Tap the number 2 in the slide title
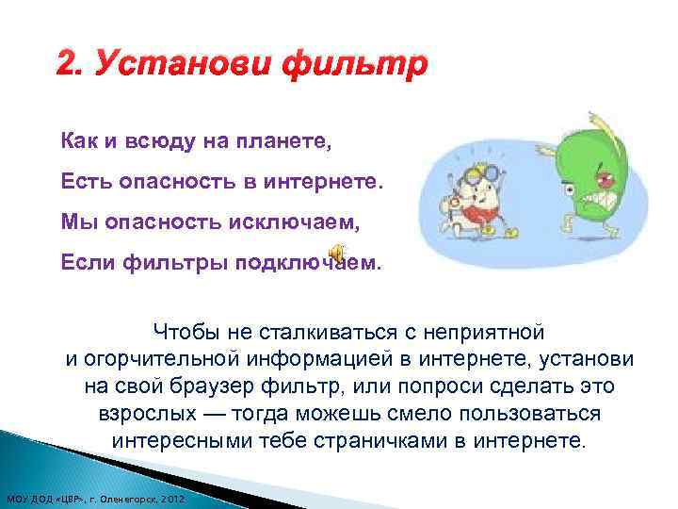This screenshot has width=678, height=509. click(66, 67)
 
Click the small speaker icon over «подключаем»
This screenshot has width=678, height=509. click(337, 250)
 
